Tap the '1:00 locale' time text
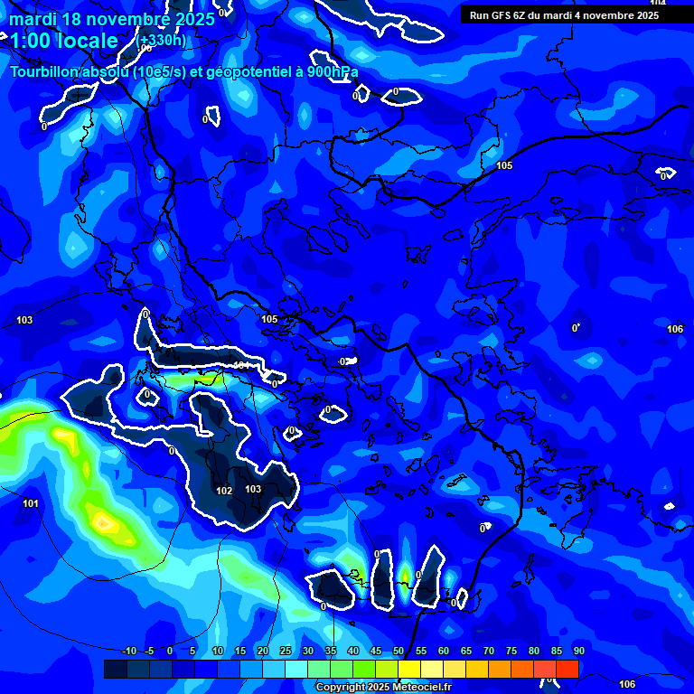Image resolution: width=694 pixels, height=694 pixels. pyautogui.click(x=63, y=41)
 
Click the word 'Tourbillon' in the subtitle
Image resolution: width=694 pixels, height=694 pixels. pyautogui.click(x=45, y=72)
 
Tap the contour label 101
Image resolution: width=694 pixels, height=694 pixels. pyautogui.click(x=30, y=503)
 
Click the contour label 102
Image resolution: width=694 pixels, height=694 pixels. pyautogui.click(x=225, y=491)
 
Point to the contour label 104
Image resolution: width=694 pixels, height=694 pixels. pyautogui.click(x=657, y=4)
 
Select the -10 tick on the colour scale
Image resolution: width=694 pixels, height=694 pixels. pyautogui.click(x=128, y=651)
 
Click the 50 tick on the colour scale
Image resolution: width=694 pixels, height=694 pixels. pyautogui.click(x=399, y=651)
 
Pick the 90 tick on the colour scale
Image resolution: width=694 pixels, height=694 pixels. pyautogui.click(x=578, y=651)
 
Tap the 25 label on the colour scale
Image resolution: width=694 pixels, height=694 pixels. pyautogui.click(x=286, y=651)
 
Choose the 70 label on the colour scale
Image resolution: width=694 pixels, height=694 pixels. pyautogui.click(x=489, y=651)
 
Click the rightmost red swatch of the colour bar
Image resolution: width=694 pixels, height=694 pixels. pyautogui.click(x=567, y=669)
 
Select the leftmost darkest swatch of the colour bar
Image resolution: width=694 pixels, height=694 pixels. pyautogui.click(x=115, y=669)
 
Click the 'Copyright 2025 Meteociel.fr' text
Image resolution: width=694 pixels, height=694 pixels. pyautogui.click(x=383, y=688)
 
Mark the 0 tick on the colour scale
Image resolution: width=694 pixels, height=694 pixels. pyautogui.click(x=170, y=651)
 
